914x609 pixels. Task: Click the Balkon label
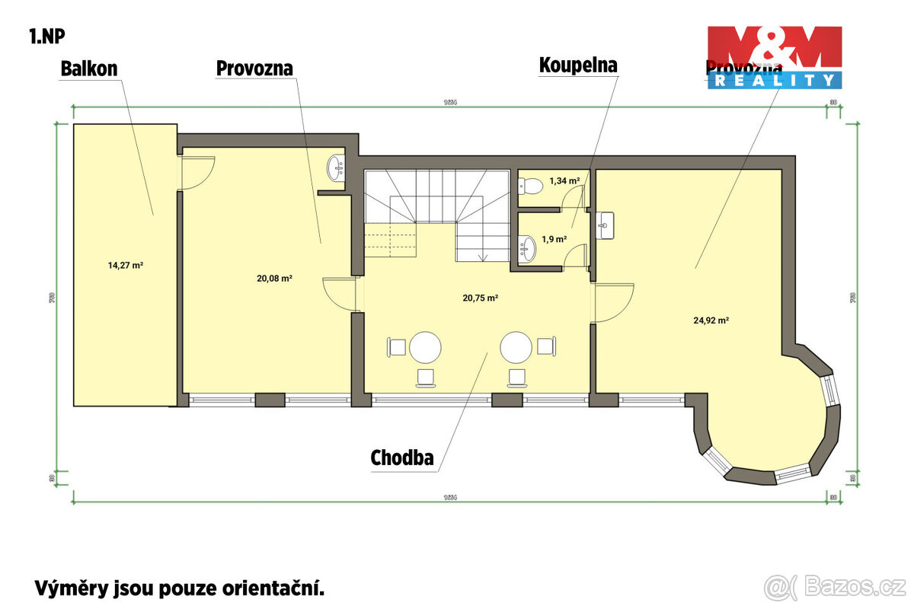click(x=89, y=69)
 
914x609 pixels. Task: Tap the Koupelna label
click(x=578, y=65)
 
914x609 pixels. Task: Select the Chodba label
click(x=401, y=458)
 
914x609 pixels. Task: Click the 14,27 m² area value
click(x=126, y=266)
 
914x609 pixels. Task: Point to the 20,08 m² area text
click(x=275, y=279)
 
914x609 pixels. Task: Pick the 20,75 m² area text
click(x=480, y=298)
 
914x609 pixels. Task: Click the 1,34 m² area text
click(x=564, y=180)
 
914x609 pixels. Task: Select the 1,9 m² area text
click(x=554, y=239)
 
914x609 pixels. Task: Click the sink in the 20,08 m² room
click(x=336, y=169)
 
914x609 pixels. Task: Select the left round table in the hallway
click(x=425, y=347)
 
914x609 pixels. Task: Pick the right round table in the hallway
click(x=516, y=347)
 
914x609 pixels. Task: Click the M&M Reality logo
click(x=774, y=57)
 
